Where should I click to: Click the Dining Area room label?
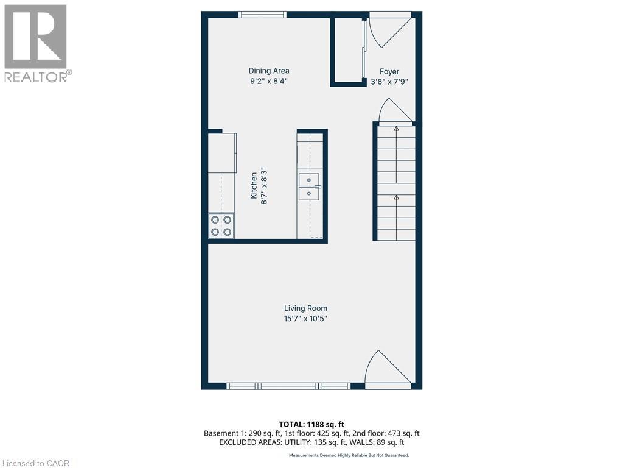click(268, 71)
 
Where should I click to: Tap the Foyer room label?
click(389, 71)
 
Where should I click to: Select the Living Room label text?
click(305, 308)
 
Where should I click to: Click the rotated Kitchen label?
click(254, 185)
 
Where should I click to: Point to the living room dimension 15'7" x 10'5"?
click(305, 319)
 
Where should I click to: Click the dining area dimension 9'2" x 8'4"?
click(268, 80)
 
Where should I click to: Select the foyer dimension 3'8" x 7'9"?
click(389, 81)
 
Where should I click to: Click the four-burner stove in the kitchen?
click(221, 225)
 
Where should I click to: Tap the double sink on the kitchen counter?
click(309, 186)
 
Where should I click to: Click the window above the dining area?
click(262, 15)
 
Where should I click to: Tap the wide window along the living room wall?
click(288, 386)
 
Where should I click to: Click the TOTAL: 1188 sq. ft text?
click(311, 424)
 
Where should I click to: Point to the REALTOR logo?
click(36, 43)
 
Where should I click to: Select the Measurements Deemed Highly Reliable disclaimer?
click(349, 455)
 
